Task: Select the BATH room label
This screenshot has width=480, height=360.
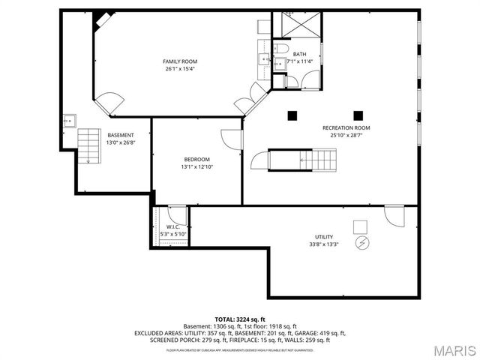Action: [x=299, y=54]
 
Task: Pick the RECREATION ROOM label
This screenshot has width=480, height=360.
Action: [x=346, y=127]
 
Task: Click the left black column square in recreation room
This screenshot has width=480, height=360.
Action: [x=292, y=115]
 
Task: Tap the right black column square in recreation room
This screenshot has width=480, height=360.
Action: [x=358, y=115]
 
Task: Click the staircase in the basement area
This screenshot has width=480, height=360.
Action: [x=89, y=144]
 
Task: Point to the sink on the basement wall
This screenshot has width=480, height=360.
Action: [x=70, y=119]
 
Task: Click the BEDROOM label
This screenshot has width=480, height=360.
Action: [x=196, y=159]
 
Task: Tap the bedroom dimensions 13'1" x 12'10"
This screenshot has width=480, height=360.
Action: [x=196, y=167]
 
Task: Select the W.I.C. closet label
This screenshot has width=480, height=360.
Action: [x=172, y=226]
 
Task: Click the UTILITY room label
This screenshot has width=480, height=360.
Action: [x=324, y=236]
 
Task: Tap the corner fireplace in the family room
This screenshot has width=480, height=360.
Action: [x=100, y=19]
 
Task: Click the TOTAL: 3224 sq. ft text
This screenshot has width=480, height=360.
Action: [x=240, y=319]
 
